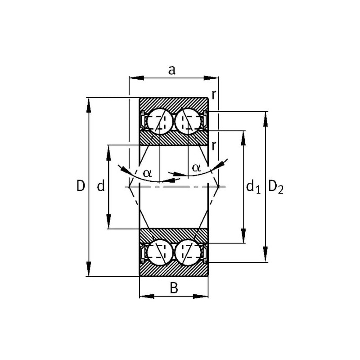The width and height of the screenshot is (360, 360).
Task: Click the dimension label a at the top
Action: click(172, 70)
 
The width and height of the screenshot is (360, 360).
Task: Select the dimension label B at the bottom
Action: click(174, 288)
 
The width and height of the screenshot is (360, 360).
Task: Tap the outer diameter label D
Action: click(81, 186)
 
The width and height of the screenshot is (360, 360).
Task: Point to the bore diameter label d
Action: click(101, 186)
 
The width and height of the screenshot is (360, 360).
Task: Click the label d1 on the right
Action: click(253, 186)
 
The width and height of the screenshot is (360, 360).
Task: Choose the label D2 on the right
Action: click(276, 187)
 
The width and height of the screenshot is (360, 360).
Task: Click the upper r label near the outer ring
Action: click(214, 94)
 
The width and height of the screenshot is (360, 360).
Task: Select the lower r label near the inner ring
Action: click(214, 145)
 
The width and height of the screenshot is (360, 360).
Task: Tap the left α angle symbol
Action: click(148, 173)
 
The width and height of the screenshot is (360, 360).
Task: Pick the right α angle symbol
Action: click(196, 168)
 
